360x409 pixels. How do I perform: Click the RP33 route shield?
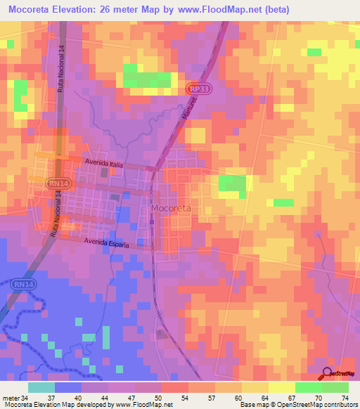198,89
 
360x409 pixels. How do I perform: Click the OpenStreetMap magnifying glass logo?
327,373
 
